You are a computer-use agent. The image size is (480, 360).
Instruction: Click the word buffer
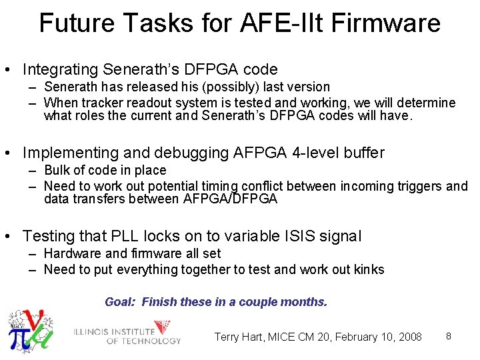pyautogui.click(x=365, y=153)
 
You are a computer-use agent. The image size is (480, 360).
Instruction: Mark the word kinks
pyautogui.click(x=369, y=269)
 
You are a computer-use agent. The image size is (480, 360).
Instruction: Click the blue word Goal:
pyautogui.click(x=121, y=302)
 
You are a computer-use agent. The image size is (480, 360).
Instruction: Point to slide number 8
pyautogui.click(x=449, y=336)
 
